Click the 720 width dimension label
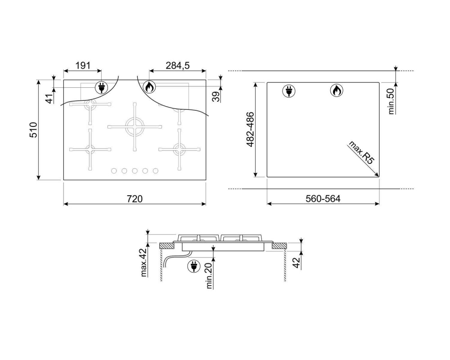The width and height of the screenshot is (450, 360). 135,198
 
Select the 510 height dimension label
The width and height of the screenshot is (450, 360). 34,130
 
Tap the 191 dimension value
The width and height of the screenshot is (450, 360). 83,65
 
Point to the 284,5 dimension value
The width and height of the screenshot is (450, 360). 178,65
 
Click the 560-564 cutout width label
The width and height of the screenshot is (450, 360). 323,198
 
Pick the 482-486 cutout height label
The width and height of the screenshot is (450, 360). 251,130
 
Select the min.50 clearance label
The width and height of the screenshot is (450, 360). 391,101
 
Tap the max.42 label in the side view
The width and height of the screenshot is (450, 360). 144,262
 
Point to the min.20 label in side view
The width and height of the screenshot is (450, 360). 209,275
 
